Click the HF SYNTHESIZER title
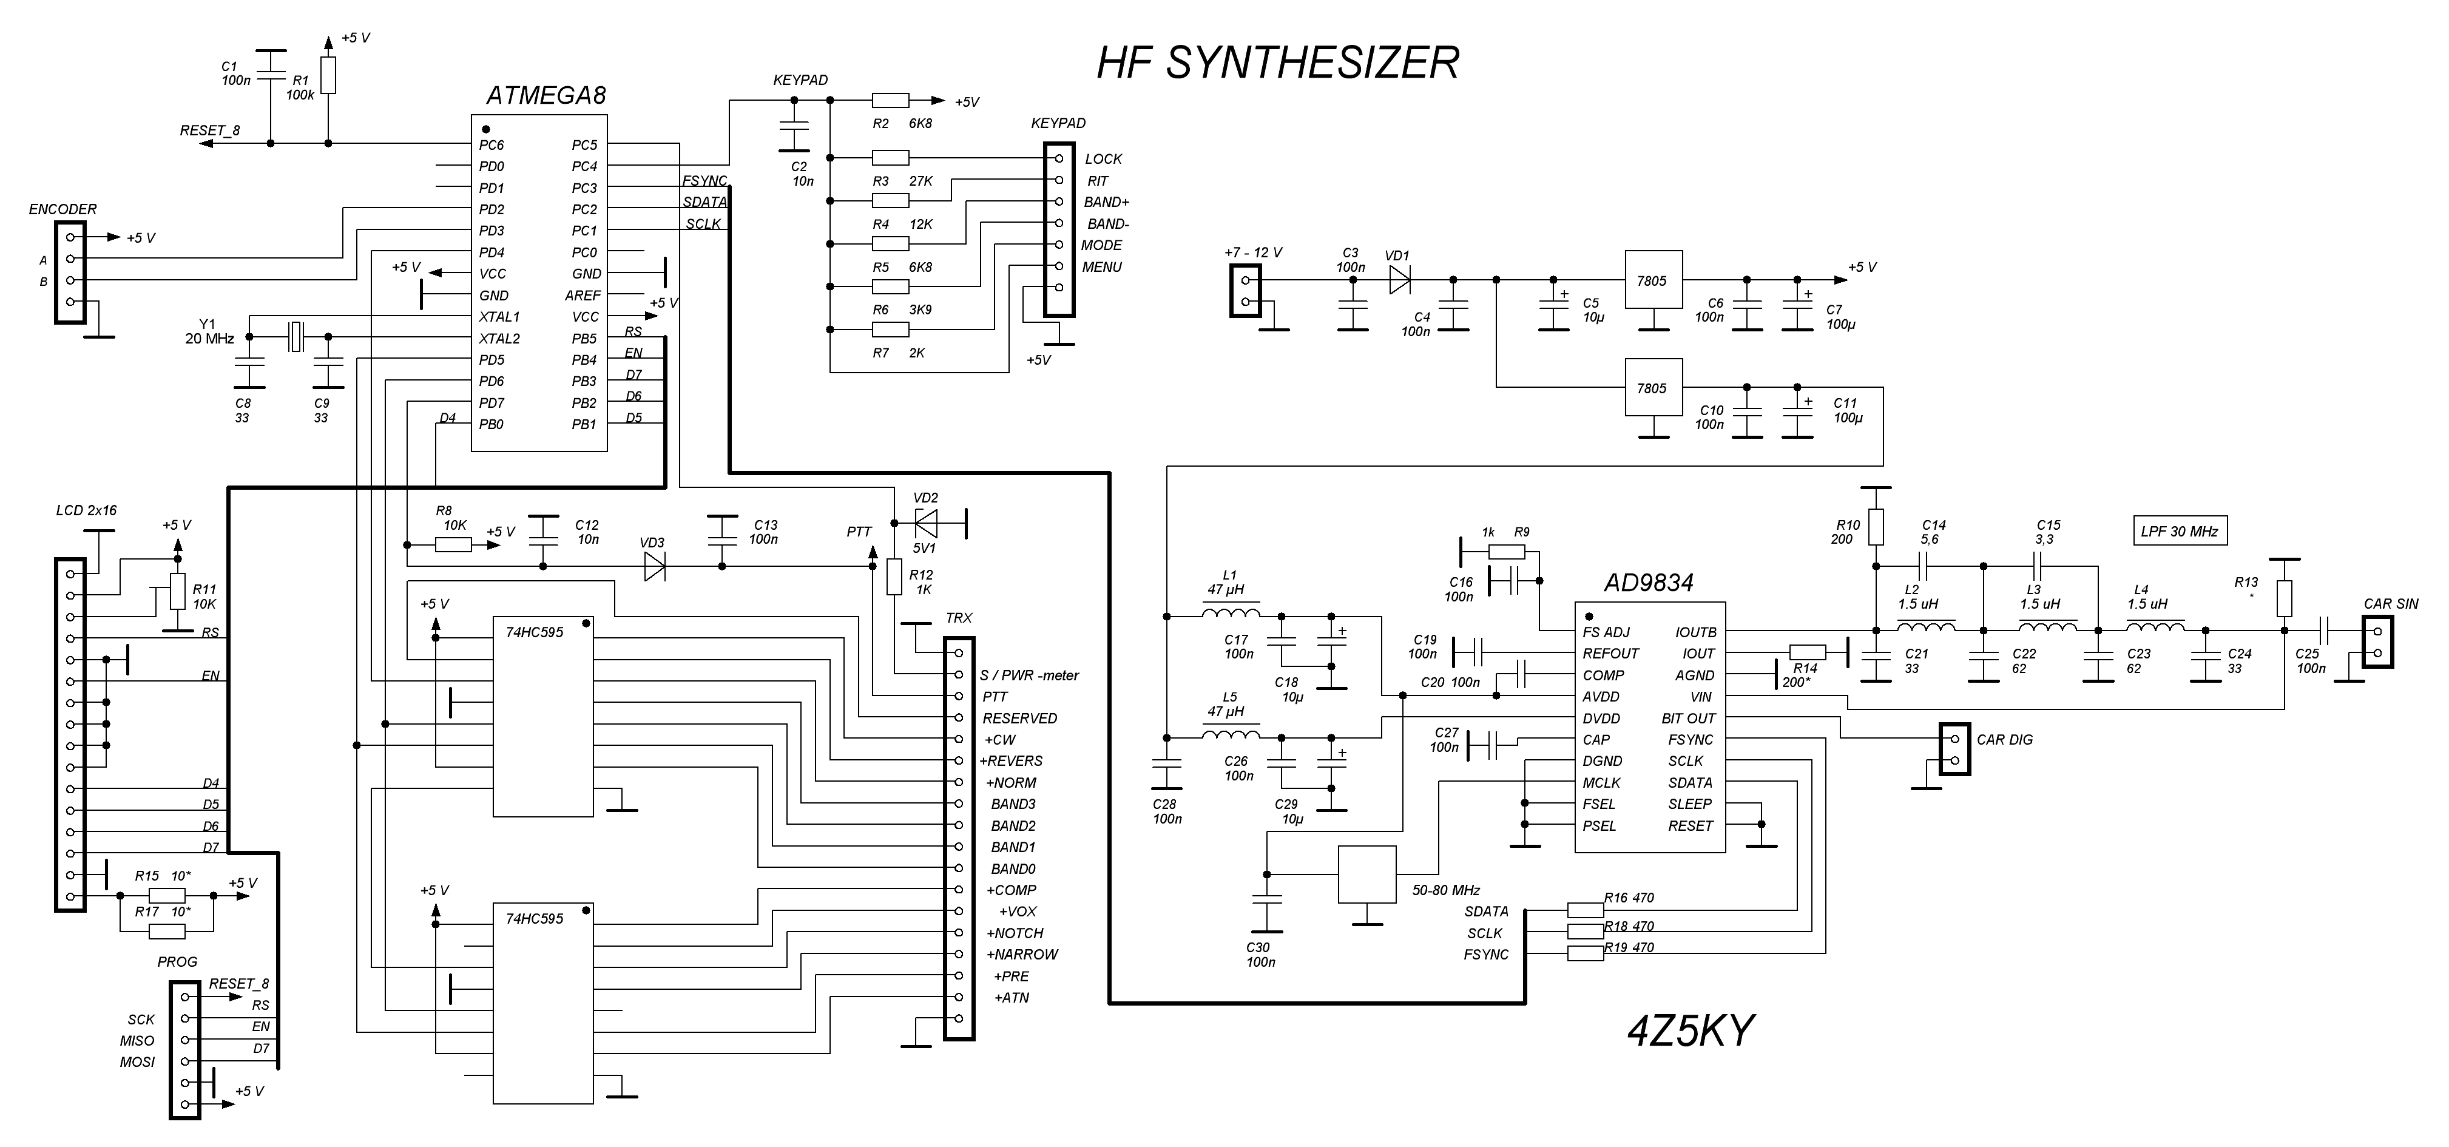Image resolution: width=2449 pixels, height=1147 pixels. [x=1278, y=63]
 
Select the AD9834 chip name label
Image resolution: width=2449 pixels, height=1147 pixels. [x=1649, y=582]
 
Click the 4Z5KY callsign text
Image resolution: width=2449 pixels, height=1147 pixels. [x=1691, y=1030]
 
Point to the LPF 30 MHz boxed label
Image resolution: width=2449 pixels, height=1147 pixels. [x=2179, y=530]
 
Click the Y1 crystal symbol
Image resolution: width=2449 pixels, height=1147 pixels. [x=296, y=337]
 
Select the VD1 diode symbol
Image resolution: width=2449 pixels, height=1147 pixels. [x=1399, y=280]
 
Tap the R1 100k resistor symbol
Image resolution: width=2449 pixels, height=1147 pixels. [x=328, y=75]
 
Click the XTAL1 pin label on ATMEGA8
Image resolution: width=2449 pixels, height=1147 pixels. [x=499, y=317]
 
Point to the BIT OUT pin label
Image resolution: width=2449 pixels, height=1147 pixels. [x=1689, y=718]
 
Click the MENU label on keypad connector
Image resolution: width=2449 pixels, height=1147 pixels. [x=1102, y=267]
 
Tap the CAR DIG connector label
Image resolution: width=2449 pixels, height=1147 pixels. [x=2005, y=740]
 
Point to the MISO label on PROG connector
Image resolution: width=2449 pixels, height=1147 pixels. [x=137, y=1040]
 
